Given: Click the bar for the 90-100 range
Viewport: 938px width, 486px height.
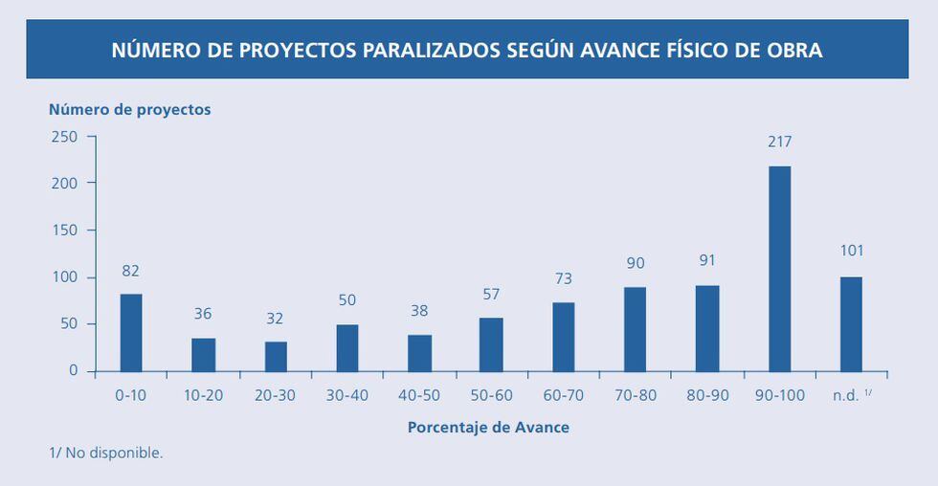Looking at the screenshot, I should coord(780,269).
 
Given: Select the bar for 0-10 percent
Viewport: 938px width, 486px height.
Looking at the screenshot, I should coord(131,332).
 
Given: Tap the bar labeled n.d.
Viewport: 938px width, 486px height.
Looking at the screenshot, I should coord(851,323).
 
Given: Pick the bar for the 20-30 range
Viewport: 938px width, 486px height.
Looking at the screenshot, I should coord(276,356).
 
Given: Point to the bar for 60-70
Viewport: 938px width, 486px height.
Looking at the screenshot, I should coord(564,337).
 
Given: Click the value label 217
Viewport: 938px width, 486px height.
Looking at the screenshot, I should coord(780,142).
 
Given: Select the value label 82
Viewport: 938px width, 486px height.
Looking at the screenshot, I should coord(131,271).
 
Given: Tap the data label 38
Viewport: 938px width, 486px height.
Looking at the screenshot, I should coord(419,311).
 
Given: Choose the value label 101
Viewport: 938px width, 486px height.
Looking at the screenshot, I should coord(851,251).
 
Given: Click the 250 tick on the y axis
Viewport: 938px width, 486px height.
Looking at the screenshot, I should coord(65,136).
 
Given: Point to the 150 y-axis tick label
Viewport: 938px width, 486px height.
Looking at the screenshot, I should coord(65,230).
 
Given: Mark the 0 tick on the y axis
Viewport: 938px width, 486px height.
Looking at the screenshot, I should coord(73,370).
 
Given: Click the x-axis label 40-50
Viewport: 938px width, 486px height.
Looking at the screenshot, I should coord(418,395).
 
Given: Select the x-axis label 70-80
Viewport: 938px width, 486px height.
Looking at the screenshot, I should coord(635,395).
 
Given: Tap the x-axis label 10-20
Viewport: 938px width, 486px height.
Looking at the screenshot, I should coord(202,395).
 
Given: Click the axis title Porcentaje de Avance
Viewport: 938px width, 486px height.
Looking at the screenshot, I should coord(488,427).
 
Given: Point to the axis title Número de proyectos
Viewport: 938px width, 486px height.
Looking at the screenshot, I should coord(130,109).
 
